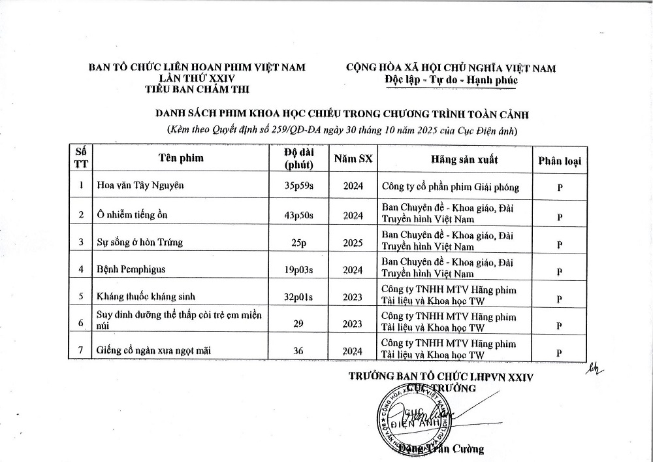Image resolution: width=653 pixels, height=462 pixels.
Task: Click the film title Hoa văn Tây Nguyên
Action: point(140,185)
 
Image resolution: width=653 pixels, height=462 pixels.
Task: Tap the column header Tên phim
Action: point(181,158)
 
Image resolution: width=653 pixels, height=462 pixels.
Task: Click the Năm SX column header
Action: point(353,158)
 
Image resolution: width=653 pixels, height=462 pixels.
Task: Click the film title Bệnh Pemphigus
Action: point(131,269)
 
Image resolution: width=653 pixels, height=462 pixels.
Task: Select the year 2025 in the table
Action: point(353,242)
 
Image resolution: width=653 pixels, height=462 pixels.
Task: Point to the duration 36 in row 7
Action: point(298,351)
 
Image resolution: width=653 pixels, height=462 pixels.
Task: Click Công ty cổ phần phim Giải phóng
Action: point(451,187)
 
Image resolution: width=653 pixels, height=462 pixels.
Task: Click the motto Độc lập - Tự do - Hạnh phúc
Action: point(451,80)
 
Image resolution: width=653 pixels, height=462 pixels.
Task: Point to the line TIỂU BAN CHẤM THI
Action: point(197,90)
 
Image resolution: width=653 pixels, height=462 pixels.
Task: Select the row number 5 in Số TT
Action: point(81,297)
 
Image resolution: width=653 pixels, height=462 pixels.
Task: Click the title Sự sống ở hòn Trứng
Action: point(139,242)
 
